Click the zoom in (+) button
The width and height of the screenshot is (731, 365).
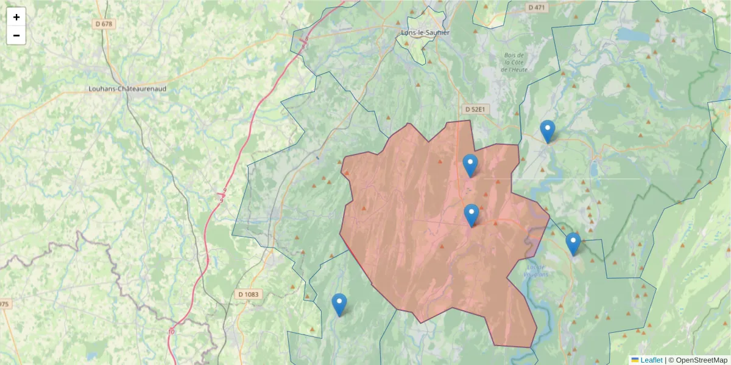[16, 17]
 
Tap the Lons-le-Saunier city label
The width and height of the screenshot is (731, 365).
[425, 32]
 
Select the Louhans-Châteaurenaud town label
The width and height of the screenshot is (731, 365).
[127, 88]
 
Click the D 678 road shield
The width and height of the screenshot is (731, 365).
[104, 24]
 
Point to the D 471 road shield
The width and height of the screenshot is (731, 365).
[536, 7]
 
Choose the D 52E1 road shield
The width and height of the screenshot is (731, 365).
[475, 109]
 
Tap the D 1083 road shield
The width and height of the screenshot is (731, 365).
[248, 294]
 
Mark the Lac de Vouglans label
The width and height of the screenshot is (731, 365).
[535, 270]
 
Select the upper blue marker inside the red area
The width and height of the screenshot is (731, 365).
[470, 165]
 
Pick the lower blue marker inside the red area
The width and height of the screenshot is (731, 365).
[471, 215]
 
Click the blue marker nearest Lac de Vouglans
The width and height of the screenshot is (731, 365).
[573, 243]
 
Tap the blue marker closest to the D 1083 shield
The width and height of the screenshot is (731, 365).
[339, 304]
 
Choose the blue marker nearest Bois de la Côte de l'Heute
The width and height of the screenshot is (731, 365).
[548, 131]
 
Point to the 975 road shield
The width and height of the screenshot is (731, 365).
[4, 304]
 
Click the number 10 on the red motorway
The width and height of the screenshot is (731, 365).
[172, 332]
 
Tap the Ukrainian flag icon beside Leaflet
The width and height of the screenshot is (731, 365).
[635, 360]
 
